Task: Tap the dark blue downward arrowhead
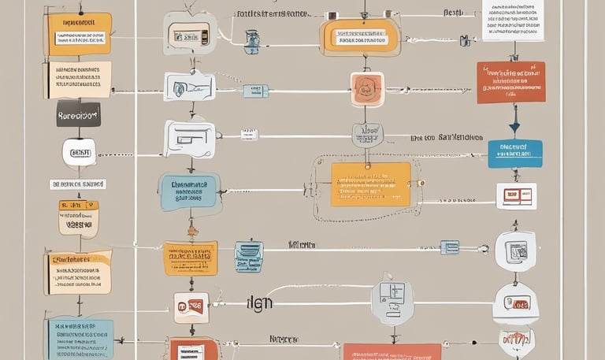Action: point(514,126)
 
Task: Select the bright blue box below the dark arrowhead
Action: point(514,153)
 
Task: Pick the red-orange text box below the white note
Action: point(510,82)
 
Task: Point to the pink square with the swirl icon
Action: point(367,89)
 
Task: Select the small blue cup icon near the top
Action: point(252,41)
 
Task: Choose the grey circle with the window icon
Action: point(392,299)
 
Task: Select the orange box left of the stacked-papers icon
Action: point(189,258)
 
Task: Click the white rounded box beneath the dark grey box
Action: point(80,152)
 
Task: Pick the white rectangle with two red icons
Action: point(516,195)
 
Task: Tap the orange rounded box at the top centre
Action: point(359,37)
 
